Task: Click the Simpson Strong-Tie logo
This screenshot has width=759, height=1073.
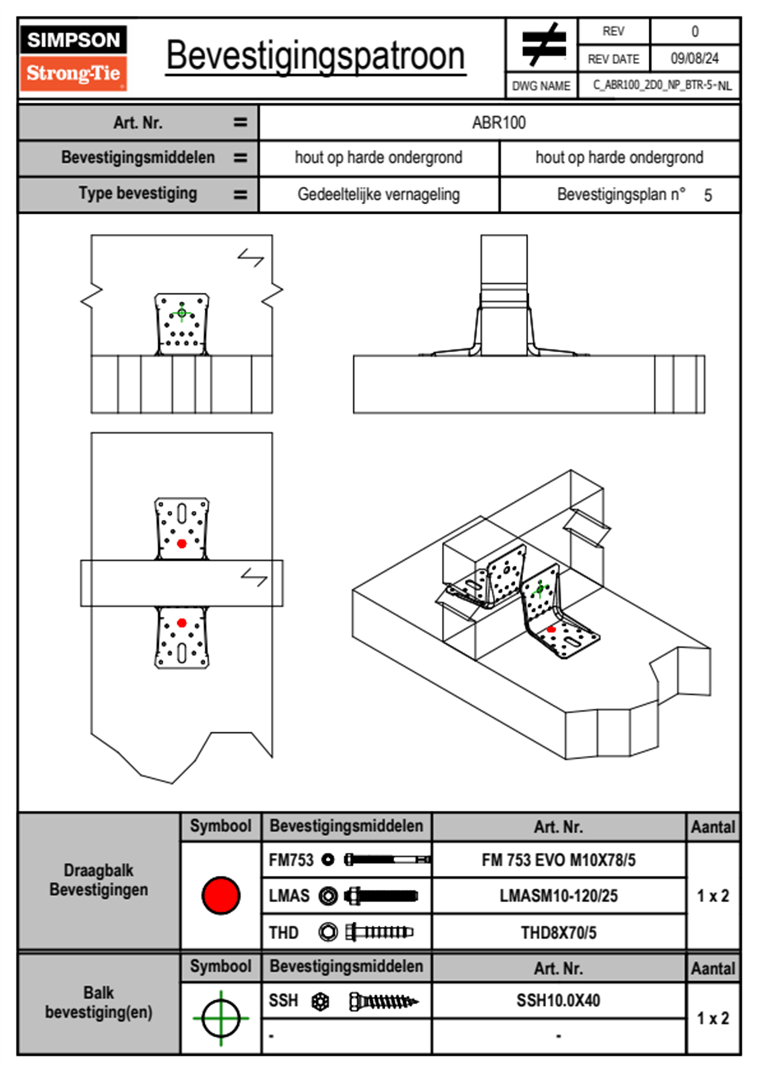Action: [x=73, y=57]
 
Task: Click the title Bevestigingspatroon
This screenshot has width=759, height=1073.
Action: [x=315, y=56]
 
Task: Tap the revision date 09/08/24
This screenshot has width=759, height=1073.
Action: [x=694, y=59]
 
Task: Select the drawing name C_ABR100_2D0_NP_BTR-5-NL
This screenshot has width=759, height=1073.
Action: [x=661, y=85]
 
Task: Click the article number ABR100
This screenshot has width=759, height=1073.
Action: [x=499, y=122]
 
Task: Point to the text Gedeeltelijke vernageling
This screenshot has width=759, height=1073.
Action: [x=378, y=195]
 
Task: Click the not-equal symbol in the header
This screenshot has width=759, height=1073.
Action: [x=543, y=45]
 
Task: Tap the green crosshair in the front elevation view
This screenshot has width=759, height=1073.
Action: [x=182, y=313]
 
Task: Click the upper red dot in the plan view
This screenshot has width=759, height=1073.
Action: [x=182, y=544]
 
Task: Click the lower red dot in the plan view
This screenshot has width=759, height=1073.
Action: [x=182, y=623]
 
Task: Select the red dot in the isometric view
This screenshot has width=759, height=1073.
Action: [x=552, y=630]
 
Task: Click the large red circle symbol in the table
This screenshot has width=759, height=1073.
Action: [x=221, y=895]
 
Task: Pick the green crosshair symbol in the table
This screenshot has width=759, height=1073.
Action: [x=221, y=1018]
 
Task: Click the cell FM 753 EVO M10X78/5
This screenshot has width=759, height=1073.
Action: [x=558, y=860]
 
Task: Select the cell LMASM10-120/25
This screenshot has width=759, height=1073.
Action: [x=558, y=896]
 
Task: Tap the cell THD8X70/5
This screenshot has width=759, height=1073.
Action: [x=558, y=933]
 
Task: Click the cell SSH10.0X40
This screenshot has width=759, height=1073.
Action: [x=558, y=1000]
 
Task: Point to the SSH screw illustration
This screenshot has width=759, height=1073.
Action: [x=383, y=1002]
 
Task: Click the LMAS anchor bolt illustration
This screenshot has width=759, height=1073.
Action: [x=381, y=896]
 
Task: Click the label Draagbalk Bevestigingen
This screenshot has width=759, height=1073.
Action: [x=99, y=880]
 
